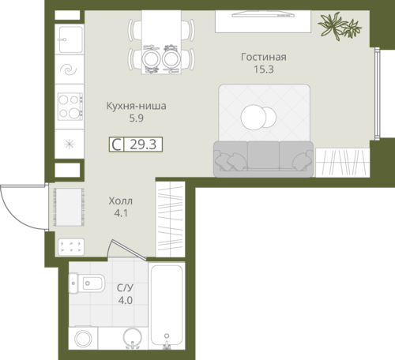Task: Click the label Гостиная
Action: click(264, 57)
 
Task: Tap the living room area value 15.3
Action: click(264, 69)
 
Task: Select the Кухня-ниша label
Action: click(136, 106)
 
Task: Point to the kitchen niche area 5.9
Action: click(136, 118)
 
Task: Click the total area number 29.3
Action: click(143, 144)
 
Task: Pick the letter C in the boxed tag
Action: click(116, 144)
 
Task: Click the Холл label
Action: click(121, 201)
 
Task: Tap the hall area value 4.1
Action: click(121, 213)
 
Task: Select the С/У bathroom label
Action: click(125, 288)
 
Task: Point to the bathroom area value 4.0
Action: click(125, 300)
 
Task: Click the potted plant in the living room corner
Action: click(339, 26)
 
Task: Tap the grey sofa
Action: click(263, 159)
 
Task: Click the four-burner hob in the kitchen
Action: click(70, 107)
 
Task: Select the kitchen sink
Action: click(70, 39)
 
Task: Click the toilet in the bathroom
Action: click(86, 283)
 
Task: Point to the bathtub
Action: click(167, 306)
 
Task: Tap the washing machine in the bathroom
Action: click(83, 338)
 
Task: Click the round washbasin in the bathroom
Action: click(133, 338)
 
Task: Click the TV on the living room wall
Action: click(263, 15)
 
